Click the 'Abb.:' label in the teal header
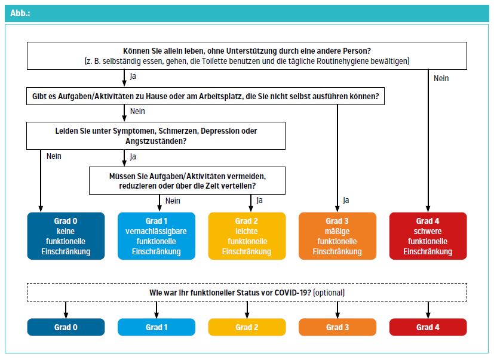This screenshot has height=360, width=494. (x=20, y=13)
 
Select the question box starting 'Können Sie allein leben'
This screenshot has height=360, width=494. (x=247, y=56)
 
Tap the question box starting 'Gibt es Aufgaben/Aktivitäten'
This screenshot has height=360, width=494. (x=205, y=96)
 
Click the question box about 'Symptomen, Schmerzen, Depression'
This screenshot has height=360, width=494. (x=156, y=136)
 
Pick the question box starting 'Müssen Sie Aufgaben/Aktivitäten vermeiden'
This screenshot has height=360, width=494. (x=187, y=180)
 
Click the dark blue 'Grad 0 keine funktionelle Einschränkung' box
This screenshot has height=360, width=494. (x=66, y=236)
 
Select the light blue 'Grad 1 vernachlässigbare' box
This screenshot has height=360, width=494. (x=157, y=236)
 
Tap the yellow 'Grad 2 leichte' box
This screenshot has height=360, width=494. (x=247, y=236)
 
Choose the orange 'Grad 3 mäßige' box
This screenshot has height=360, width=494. (x=337, y=236)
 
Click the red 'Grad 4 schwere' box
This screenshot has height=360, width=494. (x=428, y=236)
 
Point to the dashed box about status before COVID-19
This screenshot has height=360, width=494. (x=247, y=293)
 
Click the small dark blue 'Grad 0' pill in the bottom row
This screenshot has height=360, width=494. (x=66, y=327)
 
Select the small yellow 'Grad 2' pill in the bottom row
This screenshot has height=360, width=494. (x=247, y=327)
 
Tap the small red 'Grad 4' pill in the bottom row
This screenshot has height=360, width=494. (x=428, y=327)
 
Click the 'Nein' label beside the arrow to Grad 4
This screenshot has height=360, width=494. (x=441, y=78)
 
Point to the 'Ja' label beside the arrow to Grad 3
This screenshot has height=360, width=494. (x=346, y=201)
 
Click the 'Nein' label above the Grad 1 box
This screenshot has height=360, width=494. (x=173, y=201)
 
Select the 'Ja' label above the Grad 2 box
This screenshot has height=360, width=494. (x=259, y=201)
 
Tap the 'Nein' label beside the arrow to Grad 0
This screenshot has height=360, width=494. (x=54, y=156)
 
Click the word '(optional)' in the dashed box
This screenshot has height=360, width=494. (x=329, y=293)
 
